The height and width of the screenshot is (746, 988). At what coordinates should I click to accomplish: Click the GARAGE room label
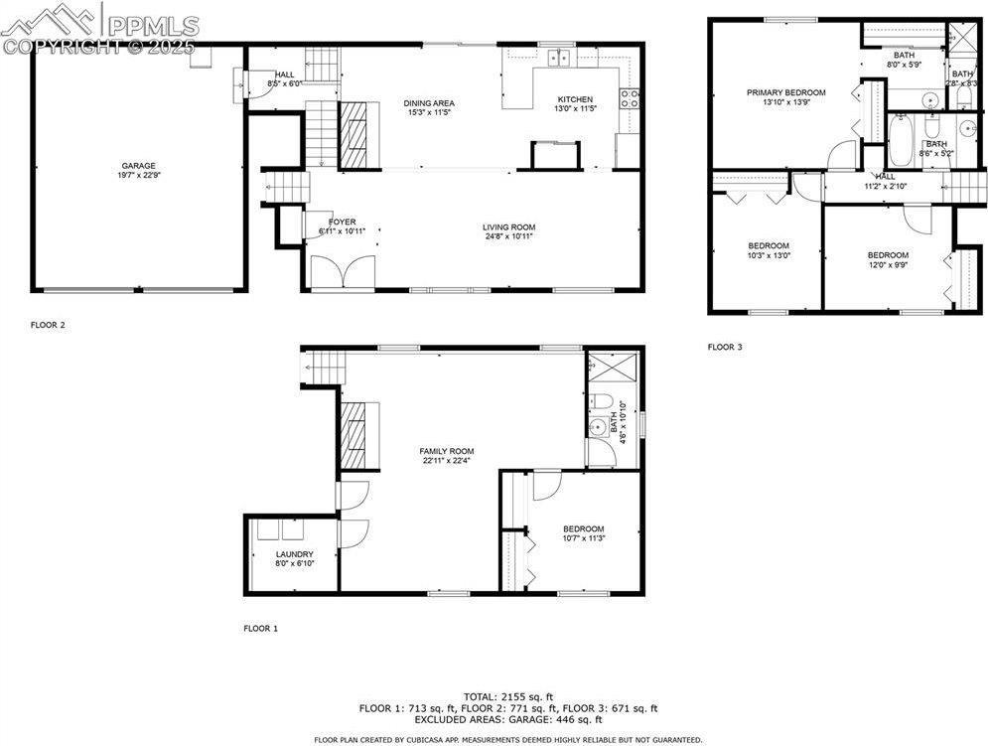pos(139,166)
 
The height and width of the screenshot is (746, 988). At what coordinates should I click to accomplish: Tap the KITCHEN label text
pos(575,99)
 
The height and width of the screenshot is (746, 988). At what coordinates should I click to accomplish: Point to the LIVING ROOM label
pos(509,227)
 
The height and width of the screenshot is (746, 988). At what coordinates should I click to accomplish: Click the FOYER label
pos(343,223)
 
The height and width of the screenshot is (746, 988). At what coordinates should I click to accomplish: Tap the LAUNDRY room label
pos(295,554)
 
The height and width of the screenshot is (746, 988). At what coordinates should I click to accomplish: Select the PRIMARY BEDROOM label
pos(785,92)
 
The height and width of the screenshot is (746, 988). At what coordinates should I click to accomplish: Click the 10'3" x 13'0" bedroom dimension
pos(769,255)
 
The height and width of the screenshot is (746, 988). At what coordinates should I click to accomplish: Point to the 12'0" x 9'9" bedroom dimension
pos(888,264)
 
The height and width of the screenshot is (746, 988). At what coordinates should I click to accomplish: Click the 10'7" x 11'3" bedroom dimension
pos(584,538)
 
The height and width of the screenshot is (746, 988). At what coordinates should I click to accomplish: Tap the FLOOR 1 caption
pos(261,629)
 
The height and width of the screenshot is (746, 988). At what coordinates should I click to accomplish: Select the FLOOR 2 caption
pos(48,325)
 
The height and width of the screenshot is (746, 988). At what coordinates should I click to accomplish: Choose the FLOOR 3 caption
pos(724,347)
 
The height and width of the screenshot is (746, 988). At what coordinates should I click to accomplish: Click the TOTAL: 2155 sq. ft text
pos(508,696)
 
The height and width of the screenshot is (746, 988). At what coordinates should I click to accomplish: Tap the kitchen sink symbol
pos(560,58)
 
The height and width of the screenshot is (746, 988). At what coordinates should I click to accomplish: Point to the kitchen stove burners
pos(630,97)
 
